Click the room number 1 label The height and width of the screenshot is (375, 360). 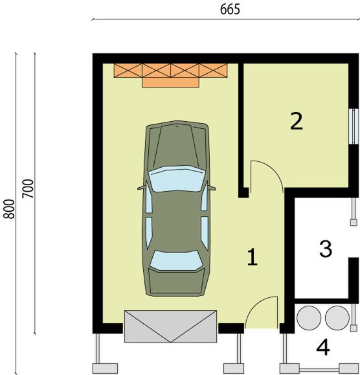click(253, 258)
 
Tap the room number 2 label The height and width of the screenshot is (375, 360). click(297, 121)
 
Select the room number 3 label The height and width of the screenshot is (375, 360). click(326, 247)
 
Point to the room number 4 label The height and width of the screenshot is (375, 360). click(322, 348)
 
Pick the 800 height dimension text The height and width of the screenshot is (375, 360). click(8, 209)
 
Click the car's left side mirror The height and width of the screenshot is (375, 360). click(141, 188)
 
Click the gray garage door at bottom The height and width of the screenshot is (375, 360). click(170, 326)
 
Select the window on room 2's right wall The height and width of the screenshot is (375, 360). click(353, 125)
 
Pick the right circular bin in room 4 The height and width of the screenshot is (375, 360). click(337, 318)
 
